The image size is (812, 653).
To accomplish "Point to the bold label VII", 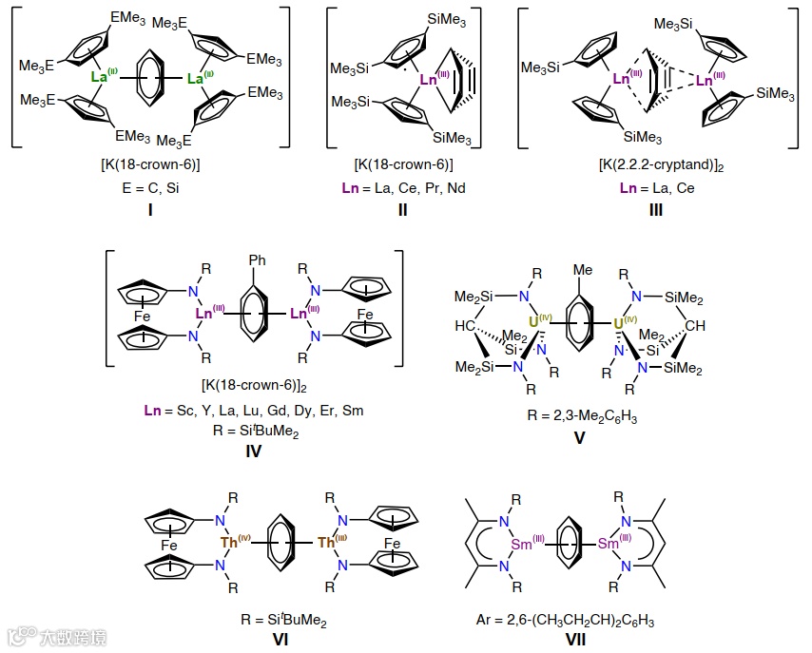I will pyautogui.click(x=576, y=640).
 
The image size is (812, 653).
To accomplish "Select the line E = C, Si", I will pyautogui.click(x=149, y=188).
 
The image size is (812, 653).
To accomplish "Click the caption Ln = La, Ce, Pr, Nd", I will pyautogui.click(x=403, y=188).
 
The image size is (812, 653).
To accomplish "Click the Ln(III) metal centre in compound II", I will pyautogui.click(x=430, y=80).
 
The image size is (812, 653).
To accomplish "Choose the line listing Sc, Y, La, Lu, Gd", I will pyautogui.click(x=254, y=411).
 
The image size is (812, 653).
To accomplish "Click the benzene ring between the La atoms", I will pyautogui.click(x=151, y=80).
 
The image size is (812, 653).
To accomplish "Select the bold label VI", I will pyautogui.click(x=280, y=640).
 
